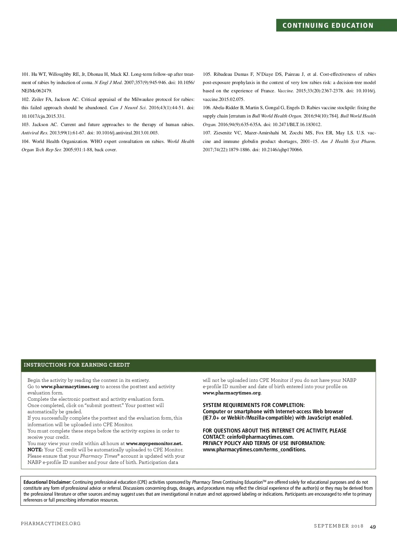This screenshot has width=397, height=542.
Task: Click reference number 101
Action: [x=25, y=74]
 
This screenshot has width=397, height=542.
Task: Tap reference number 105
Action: [x=207, y=74]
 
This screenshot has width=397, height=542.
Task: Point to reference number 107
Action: [x=207, y=133]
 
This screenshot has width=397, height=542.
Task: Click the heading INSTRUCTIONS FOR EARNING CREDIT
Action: [x=77, y=365]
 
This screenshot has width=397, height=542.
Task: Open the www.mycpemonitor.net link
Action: [x=154, y=443]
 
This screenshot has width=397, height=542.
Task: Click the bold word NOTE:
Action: [x=35, y=450]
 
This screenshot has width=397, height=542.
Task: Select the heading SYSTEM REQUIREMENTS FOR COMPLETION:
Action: [x=254, y=405]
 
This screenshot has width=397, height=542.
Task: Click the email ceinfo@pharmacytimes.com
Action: [x=260, y=437]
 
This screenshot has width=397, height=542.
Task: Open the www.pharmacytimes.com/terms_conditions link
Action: [x=254, y=449]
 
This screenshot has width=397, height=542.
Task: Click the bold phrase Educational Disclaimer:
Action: [x=47, y=482]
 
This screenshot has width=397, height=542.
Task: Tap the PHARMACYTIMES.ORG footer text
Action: [x=51, y=523]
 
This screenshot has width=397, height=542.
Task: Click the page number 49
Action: [x=373, y=526]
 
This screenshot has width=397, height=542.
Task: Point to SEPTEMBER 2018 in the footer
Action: [x=338, y=526]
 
